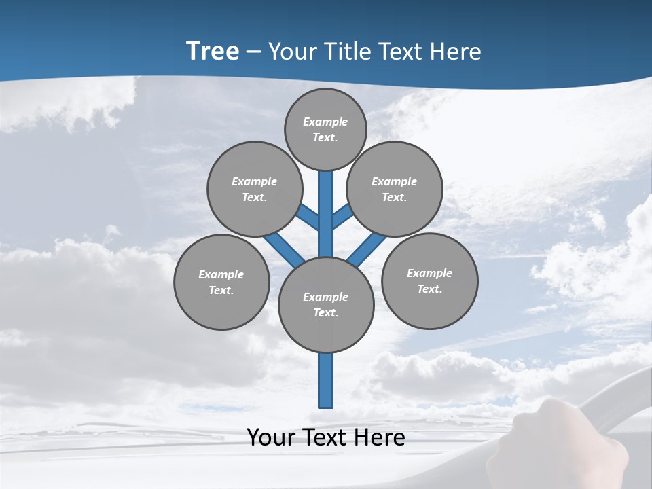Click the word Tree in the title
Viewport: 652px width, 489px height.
213,52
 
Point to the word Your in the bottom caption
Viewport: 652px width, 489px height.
271,437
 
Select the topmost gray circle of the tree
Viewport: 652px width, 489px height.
325,129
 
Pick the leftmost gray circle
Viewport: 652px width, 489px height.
221,283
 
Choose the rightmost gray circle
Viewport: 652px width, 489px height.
429,281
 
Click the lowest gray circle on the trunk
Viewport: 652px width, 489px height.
326,305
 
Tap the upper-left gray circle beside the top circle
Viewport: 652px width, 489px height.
254,189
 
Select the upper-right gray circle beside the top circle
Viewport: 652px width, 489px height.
395,189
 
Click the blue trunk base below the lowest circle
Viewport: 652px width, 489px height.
326,380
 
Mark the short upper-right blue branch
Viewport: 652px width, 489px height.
342,216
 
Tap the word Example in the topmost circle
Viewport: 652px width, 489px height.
325,122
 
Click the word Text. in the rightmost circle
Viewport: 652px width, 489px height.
429,289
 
